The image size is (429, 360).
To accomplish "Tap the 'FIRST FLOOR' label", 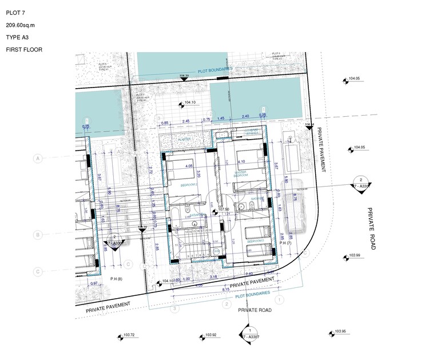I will [24, 50].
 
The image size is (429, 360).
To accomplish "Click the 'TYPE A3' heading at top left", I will [18, 37].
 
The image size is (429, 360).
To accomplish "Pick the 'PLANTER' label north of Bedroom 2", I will [184, 139].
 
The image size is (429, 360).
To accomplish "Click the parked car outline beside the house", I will [294, 202].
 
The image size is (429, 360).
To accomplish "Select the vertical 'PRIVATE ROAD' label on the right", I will [371, 228].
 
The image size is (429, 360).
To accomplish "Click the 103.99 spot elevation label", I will [353, 255].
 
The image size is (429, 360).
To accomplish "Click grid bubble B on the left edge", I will [38, 235].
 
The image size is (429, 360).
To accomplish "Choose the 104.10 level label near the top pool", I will [190, 102].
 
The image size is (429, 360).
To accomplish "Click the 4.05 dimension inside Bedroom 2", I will [188, 166].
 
